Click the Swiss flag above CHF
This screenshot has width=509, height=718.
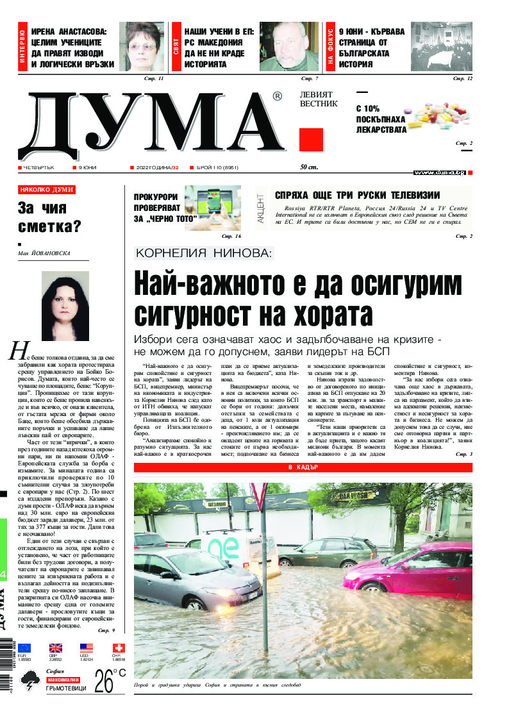click(x=117, y=648)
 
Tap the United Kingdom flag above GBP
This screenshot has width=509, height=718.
click(x=55, y=648)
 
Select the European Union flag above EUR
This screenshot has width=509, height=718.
click(x=24, y=648)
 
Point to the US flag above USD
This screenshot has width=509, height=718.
click(x=86, y=648)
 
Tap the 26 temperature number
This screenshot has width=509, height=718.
click(x=104, y=681)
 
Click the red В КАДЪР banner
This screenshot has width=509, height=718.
click(x=303, y=468)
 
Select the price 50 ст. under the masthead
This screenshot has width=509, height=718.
click(x=310, y=167)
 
